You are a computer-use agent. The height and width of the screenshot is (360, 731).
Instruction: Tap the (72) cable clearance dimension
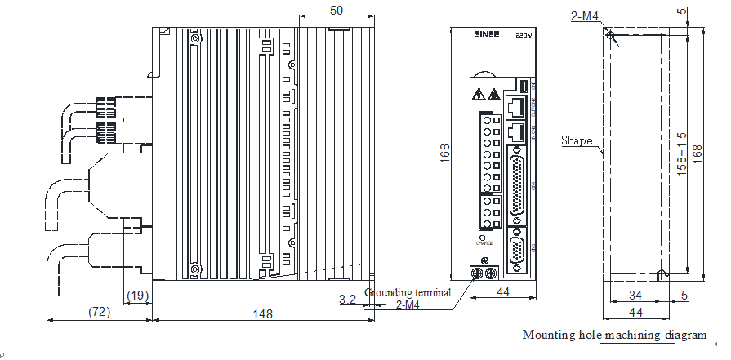point(99,311)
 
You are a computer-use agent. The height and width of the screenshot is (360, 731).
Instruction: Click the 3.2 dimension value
point(347,300)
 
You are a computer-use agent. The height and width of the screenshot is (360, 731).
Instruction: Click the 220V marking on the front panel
point(524,37)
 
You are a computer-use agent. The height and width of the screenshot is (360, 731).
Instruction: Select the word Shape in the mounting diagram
point(577,140)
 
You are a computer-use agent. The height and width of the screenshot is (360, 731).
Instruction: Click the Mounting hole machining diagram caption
point(614,335)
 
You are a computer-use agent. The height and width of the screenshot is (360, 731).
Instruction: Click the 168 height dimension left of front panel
point(445,153)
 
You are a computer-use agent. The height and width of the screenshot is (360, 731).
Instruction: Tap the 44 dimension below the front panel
point(503,291)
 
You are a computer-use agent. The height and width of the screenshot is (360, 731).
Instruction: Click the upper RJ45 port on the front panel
point(515,105)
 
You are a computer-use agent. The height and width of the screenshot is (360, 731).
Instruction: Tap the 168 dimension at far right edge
point(697,153)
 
